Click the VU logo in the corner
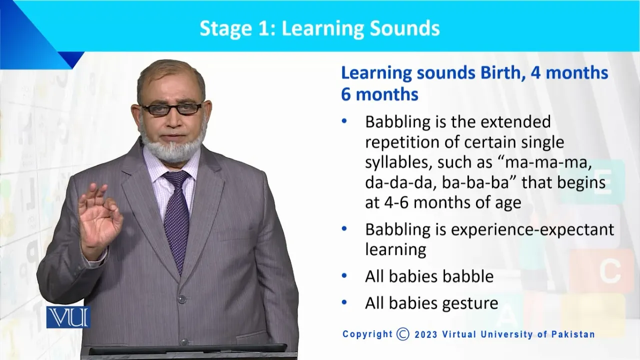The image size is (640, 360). (68, 317)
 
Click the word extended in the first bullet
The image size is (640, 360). (515, 121)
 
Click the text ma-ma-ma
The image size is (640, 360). (548, 163)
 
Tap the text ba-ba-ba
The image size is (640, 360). (475, 183)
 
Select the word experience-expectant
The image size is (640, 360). (532, 229)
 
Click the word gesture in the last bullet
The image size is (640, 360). (470, 303)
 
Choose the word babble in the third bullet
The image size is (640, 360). (468, 276)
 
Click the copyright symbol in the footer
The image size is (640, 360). (403, 334)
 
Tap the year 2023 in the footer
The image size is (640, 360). (426, 334)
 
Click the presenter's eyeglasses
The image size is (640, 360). (171, 109)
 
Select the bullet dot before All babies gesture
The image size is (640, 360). (344, 302)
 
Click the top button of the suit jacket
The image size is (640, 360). (181, 299)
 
